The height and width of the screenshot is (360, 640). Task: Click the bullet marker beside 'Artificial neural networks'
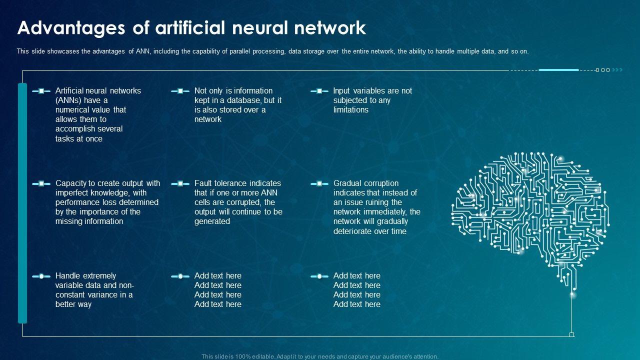click(41, 91)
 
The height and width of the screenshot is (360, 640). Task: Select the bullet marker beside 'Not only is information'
click(180, 91)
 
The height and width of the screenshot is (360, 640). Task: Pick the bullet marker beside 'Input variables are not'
click(319, 91)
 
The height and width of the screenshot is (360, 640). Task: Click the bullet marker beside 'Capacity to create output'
click(41, 183)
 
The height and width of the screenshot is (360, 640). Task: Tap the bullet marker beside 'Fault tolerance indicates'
click(180, 183)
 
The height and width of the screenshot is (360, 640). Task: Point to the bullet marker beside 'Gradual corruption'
click(319, 183)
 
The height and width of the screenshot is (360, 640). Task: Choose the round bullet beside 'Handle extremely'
click(41, 276)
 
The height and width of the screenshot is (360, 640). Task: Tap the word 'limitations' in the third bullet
click(350, 109)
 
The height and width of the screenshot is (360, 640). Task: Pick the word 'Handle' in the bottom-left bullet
click(68, 275)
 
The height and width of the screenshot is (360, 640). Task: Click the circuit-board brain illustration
click(530, 210)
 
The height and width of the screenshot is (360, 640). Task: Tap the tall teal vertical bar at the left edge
click(22, 203)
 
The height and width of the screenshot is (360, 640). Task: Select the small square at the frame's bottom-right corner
click(571, 334)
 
